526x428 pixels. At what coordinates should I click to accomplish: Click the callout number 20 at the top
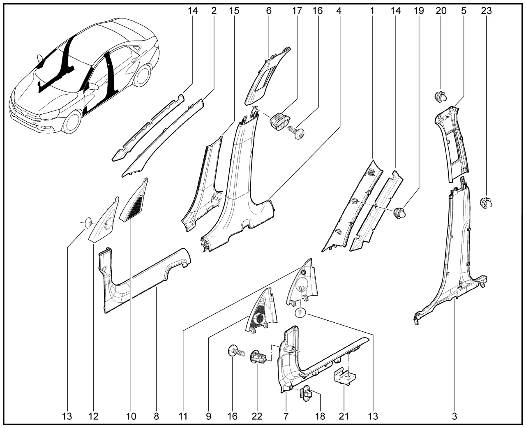tap(441, 11)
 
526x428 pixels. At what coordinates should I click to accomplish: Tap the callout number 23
tap(486, 11)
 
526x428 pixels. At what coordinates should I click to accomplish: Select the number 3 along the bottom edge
tap(454, 416)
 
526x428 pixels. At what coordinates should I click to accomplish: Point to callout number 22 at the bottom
tap(257, 416)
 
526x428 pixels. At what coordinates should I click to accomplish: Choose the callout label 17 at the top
tap(296, 11)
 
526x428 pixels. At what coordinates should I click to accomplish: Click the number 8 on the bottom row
tap(156, 416)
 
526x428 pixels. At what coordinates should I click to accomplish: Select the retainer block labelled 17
tap(279, 119)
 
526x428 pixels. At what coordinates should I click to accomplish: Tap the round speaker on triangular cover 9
tap(260, 319)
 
